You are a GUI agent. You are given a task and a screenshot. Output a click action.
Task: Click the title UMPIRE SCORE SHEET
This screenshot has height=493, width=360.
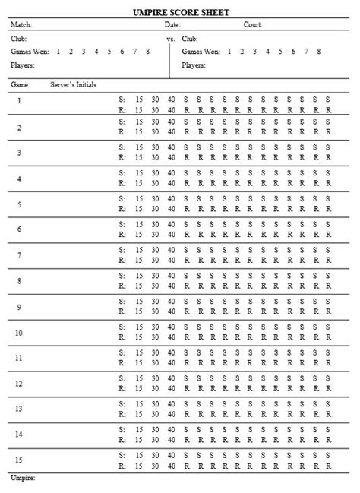(180, 12)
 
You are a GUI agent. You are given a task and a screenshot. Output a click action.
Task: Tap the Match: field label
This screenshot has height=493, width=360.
(21, 25)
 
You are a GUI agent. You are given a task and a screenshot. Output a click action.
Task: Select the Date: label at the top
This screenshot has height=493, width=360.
(172, 25)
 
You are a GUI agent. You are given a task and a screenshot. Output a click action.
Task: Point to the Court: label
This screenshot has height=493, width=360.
(253, 25)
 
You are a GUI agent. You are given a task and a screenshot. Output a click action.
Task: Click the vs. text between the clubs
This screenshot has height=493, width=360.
(171, 38)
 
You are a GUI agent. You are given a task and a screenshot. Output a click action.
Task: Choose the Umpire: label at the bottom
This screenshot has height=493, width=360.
(24, 479)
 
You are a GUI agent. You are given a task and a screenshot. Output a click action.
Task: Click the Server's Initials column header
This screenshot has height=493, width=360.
(74, 84)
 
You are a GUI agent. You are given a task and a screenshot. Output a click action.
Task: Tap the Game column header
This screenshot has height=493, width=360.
(19, 84)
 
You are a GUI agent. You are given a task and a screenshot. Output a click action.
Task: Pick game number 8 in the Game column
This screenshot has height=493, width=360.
(19, 281)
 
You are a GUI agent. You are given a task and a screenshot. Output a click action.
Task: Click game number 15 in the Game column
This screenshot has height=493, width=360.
(19, 461)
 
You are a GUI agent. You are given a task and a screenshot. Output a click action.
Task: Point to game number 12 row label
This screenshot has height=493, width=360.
(19, 384)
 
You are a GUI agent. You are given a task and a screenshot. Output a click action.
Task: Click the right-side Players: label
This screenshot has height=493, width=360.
(194, 65)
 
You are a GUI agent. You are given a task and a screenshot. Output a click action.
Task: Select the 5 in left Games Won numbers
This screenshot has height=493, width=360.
(109, 51)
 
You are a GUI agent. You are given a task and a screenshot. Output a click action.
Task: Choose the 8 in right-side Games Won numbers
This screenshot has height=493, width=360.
(318, 51)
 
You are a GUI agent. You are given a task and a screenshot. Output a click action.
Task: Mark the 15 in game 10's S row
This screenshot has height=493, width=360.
(139, 328)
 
